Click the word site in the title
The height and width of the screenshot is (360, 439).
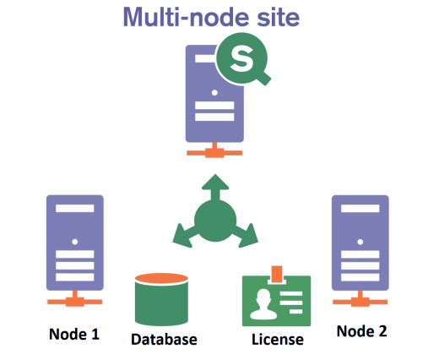pos(279,18)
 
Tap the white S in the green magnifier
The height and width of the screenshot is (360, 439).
pos(241,58)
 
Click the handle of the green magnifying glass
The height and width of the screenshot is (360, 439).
pos(263,77)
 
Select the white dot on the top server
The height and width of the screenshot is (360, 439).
pos(214,92)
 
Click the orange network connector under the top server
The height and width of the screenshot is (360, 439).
pos(214,151)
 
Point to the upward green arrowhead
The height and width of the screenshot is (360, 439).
pos(215,182)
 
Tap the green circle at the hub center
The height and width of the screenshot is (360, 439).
pos(215,221)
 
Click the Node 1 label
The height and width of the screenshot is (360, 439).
pos(74,335)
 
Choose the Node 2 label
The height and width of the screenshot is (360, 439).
pos(362,331)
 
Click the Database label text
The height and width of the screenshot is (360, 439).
pos(164,340)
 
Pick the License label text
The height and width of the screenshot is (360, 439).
pos(278,340)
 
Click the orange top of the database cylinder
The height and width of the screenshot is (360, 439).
pos(161,278)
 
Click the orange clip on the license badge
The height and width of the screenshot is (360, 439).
pos(277,274)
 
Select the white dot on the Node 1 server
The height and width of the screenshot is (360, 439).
pos(75,242)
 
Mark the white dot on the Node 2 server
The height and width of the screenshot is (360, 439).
pos(360,242)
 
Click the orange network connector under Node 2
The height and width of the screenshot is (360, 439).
pos(360,300)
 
